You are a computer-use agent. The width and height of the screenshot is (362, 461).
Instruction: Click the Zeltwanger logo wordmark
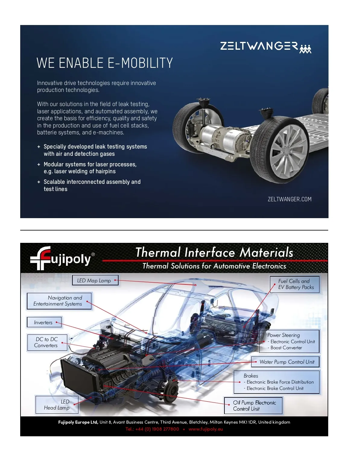[259, 46]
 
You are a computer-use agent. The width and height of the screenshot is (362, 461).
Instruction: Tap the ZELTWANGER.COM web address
[290, 199]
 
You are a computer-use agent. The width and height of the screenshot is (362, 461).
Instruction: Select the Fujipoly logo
[62, 258]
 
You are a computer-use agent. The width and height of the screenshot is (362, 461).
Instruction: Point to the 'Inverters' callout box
[44, 322]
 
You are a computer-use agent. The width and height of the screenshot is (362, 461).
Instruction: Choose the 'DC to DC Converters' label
[47, 342]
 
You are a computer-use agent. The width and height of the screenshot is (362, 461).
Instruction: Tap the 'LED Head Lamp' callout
[57, 405]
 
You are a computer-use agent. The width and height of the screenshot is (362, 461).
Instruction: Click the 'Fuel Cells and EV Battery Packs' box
[295, 284]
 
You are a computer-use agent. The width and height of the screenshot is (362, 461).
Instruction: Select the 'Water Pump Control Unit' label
[285, 362]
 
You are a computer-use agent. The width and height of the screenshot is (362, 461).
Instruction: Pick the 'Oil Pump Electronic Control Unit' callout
[253, 406]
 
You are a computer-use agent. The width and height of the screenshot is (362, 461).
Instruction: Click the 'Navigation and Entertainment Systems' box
[59, 301]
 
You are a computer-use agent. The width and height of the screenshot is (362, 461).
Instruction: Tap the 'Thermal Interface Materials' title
[214, 252]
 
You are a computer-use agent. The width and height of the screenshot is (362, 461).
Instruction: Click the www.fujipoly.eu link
[205, 429]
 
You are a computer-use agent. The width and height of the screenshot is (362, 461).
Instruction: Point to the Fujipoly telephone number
[152, 429]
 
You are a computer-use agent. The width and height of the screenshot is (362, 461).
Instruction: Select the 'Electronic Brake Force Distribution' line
[278, 382]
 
